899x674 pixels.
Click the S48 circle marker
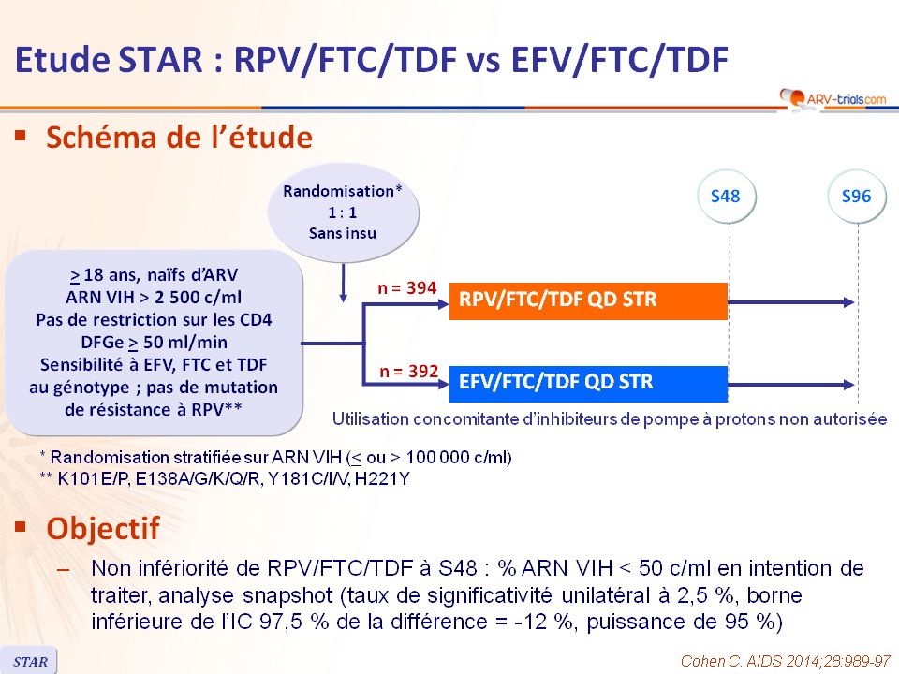click(726, 197)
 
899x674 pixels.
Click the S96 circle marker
click(857, 197)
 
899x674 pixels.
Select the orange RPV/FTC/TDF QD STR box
click(588, 300)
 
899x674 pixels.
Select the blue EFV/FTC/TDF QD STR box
click(588, 383)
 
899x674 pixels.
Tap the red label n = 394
click(407, 287)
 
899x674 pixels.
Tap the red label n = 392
click(409, 372)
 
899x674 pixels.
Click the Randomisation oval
click(343, 212)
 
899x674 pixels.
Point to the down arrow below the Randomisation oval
click(343, 283)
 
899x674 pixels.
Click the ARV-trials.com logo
click(833, 98)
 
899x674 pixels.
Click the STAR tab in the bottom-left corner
click(30, 662)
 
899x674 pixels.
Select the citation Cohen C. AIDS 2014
click(785, 661)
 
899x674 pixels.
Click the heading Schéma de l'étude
click(180, 138)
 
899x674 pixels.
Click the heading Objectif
click(103, 528)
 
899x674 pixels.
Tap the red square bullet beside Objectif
click(22, 526)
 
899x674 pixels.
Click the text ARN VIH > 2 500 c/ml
click(154, 298)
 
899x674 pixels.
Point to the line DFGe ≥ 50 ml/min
click(154, 343)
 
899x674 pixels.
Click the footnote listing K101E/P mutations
click(225, 478)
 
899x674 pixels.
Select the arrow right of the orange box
click(791, 302)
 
